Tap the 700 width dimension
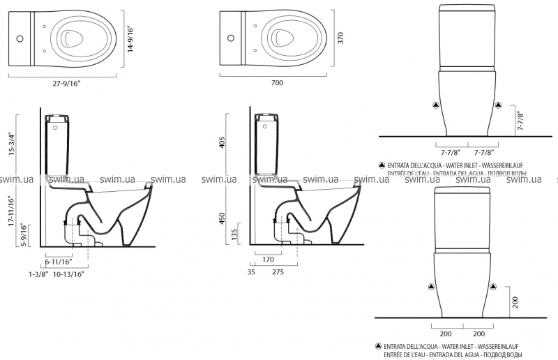click(276, 83)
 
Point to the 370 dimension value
click(342, 38)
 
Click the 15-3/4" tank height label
click(11, 144)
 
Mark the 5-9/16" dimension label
click(24, 235)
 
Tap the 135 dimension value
click(235, 235)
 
